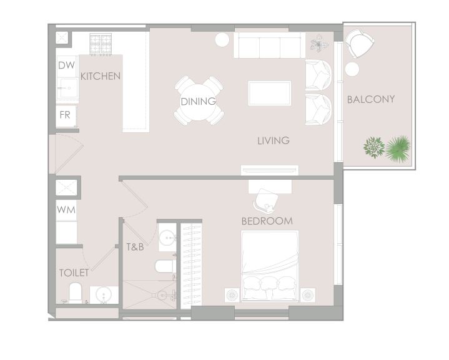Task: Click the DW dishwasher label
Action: click(66, 66)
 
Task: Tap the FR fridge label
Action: click(65, 115)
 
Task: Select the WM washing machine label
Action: click(66, 210)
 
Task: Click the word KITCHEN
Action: click(100, 76)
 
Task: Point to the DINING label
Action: click(198, 101)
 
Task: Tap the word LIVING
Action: click(274, 140)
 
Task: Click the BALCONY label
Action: click(371, 99)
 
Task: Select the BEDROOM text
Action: click(267, 221)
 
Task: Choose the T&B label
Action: click(135, 246)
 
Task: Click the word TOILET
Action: click(74, 273)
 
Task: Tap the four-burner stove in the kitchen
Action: click(101, 44)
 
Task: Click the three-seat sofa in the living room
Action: click(269, 45)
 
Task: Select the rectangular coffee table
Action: click(269, 94)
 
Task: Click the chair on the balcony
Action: click(359, 44)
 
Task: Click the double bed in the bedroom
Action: click(270, 266)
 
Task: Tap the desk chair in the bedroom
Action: click(266, 201)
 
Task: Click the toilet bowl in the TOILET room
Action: click(76, 293)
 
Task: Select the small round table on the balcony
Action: click(352, 69)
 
